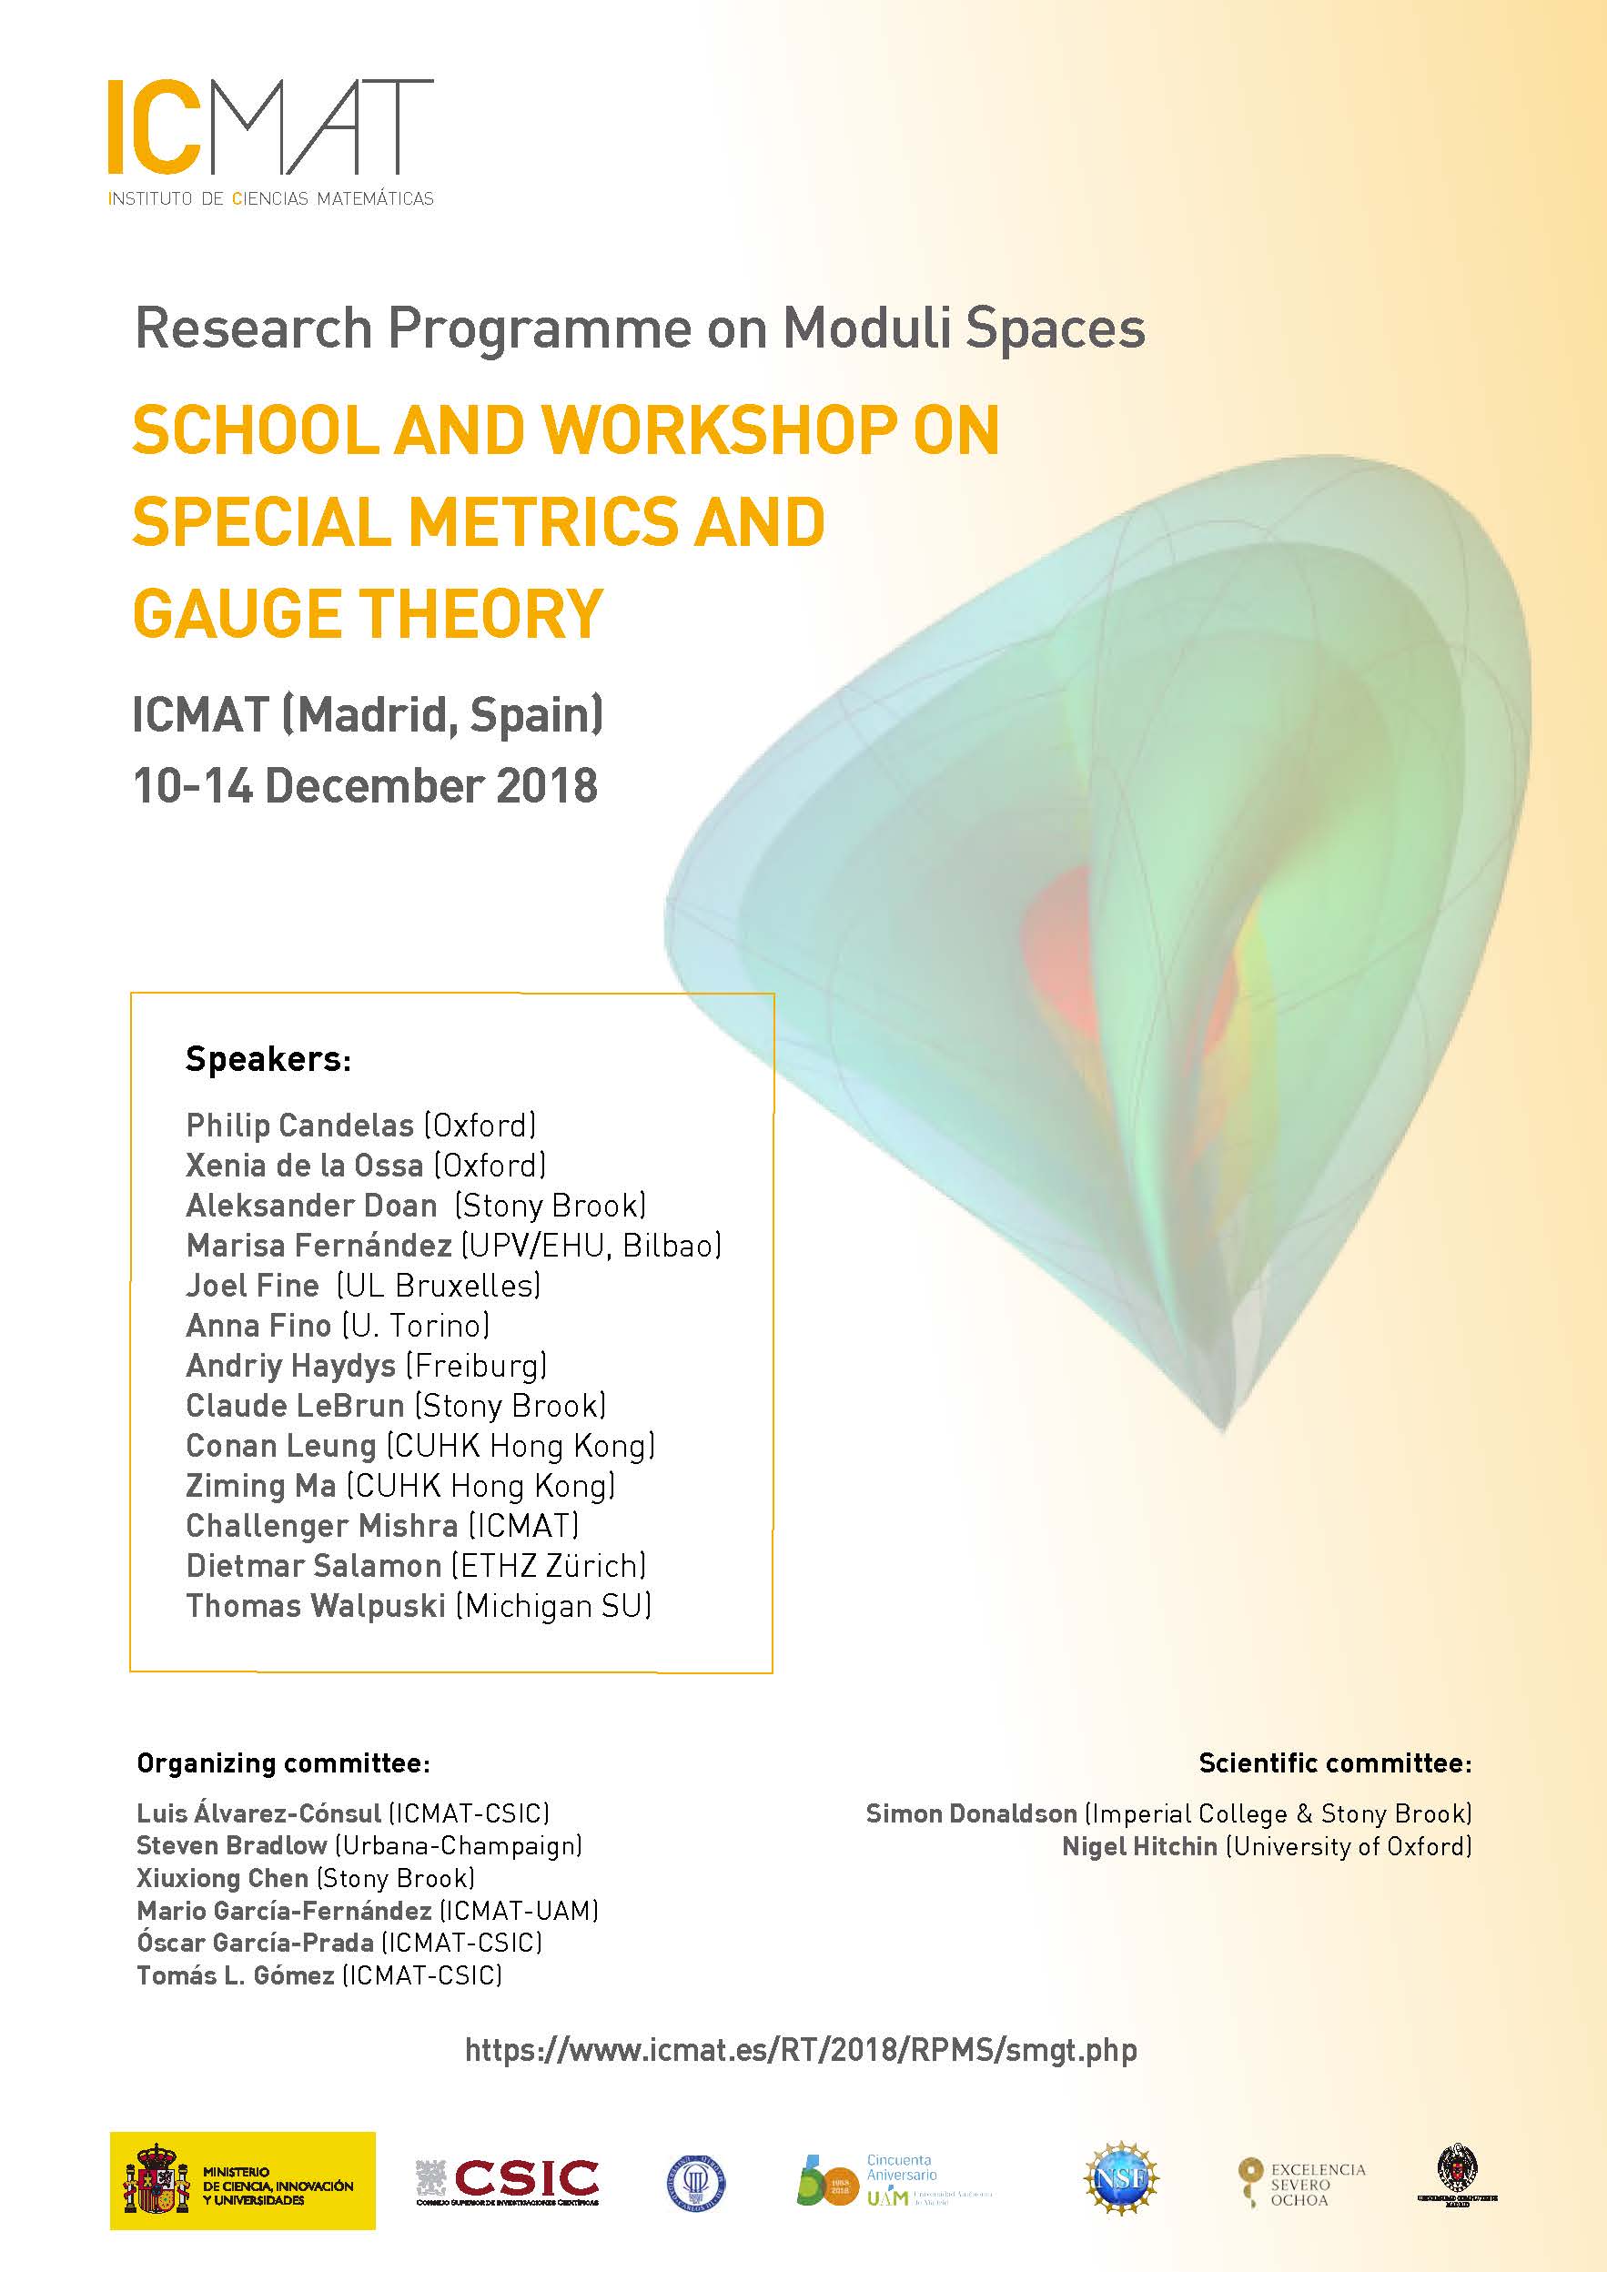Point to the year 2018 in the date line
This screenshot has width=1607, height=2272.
click(546, 787)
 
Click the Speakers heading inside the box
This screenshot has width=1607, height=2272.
click(268, 1060)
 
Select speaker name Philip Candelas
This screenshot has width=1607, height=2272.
click(299, 1126)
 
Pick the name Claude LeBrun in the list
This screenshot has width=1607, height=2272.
click(295, 1405)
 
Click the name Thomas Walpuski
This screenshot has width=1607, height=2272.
click(316, 1605)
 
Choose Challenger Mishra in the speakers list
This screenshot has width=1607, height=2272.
click(321, 1525)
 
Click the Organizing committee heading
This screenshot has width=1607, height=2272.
click(283, 1763)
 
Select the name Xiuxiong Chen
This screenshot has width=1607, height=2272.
click(222, 1878)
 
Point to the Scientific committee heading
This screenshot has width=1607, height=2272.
click(1335, 1762)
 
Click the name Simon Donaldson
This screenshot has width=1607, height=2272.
click(971, 1813)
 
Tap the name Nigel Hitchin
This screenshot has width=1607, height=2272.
click(1139, 1846)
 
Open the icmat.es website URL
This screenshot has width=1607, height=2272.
click(801, 2049)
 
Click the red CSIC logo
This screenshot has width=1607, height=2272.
click(525, 2178)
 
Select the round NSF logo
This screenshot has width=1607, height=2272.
click(1121, 2178)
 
